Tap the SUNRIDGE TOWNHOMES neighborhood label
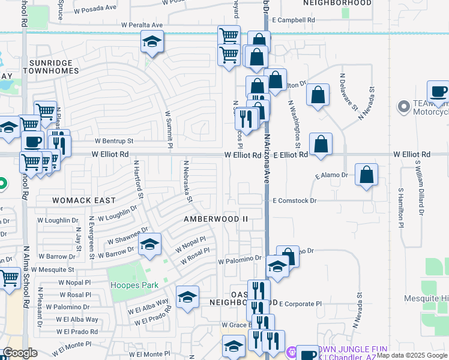pos(52,67)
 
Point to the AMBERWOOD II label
pos(215,219)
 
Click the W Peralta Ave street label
pos(142,25)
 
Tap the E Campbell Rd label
pos(293,20)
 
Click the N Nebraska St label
pos(187,181)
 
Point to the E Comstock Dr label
pos(295,200)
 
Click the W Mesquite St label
pos(53,270)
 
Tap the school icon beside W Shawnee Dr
pos(150,244)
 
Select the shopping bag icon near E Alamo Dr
pos(366,175)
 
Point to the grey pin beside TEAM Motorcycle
pos(403,108)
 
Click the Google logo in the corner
pos(20,353)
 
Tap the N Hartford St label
pos(139,179)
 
